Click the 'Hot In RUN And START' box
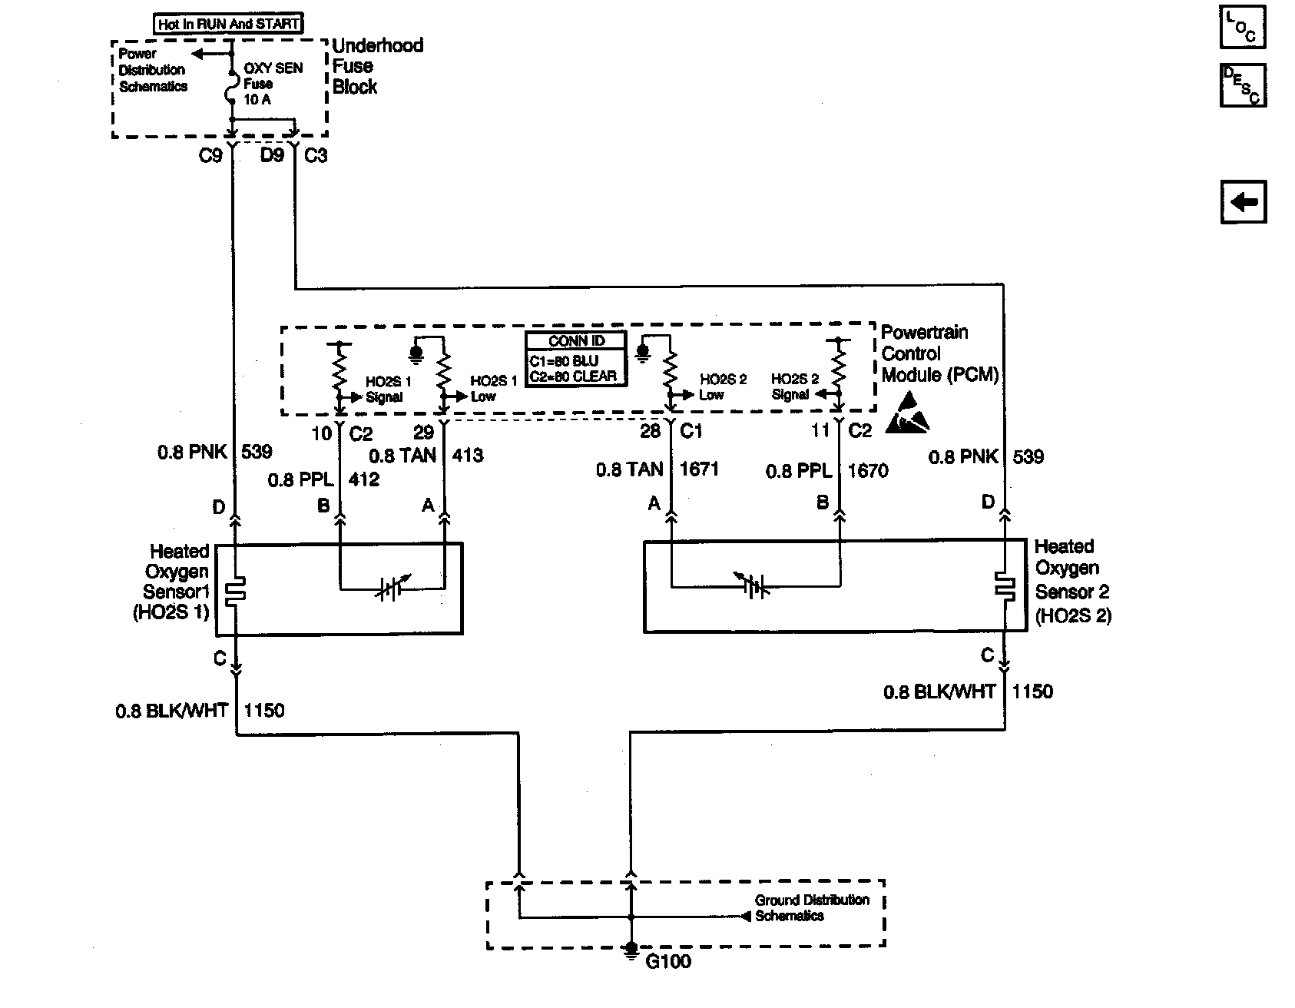click(x=229, y=24)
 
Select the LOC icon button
click(x=1243, y=28)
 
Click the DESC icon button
click(x=1243, y=85)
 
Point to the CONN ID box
click(x=576, y=358)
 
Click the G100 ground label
click(x=667, y=961)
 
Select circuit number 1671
click(x=699, y=469)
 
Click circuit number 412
click(x=363, y=480)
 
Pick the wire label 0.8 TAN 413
click(x=426, y=456)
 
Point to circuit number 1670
click(x=868, y=471)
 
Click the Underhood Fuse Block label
click(x=377, y=66)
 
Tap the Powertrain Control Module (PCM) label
click(x=940, y=354)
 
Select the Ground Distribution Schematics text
click(x=812, y=907)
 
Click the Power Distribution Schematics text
click(x=153, y=70)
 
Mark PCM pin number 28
click(x=650, y=431)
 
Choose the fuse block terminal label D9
click(x=272, y=155)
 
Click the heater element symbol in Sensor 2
click(x=1004, y=586)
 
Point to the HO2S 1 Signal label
click(x=388, y=390)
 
